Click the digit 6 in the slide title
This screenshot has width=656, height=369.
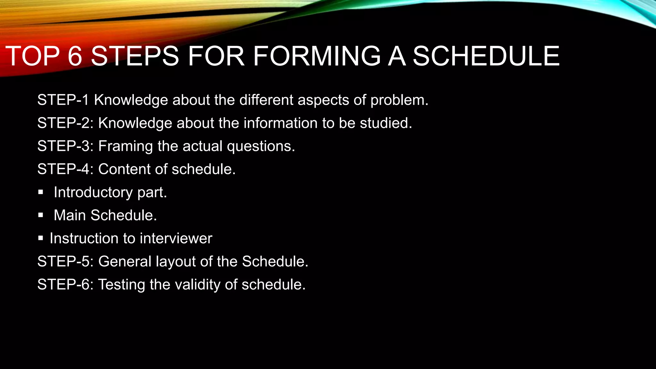75,56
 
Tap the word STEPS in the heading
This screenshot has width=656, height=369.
135,56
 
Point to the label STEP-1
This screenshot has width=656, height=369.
63,100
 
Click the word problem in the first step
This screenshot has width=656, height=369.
399,101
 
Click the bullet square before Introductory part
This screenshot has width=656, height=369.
40,193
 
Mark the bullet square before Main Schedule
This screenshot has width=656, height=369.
40,216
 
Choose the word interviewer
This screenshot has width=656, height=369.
176,238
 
